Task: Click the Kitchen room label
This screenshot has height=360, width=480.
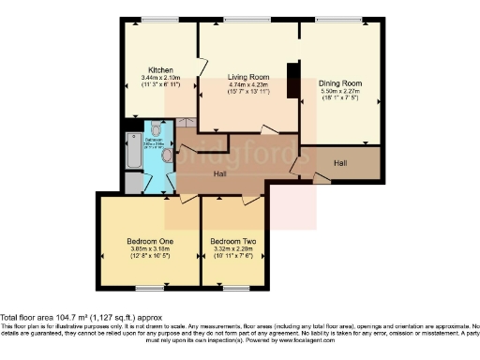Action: pos(157,69)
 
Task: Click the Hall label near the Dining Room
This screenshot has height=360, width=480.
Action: pos(340,163)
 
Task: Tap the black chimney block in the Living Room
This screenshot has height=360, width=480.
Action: pos(293,80)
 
